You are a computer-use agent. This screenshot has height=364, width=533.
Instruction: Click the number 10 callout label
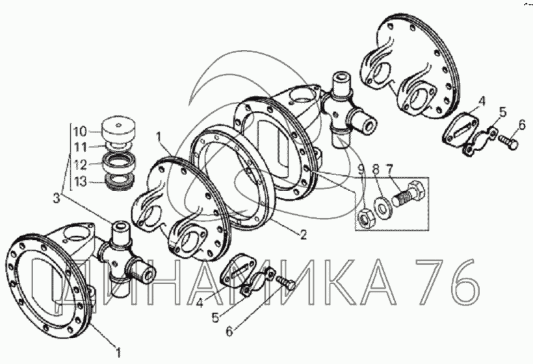point(81,131)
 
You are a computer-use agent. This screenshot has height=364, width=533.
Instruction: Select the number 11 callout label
point(81,147)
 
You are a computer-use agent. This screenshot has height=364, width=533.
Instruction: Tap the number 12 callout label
point(81,165)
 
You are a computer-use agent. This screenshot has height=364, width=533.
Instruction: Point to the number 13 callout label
point(81,182)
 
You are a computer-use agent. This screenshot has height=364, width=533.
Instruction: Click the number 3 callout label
point(57,198)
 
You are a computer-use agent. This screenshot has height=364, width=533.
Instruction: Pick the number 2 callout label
point(303,234)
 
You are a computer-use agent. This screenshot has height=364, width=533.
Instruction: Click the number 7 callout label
point(389,169)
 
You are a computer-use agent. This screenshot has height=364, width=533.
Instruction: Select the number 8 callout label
point(376,169)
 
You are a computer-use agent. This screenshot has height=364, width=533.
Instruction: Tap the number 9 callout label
point(362,169)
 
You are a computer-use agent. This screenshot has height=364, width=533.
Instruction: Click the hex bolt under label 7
point(408,194)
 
